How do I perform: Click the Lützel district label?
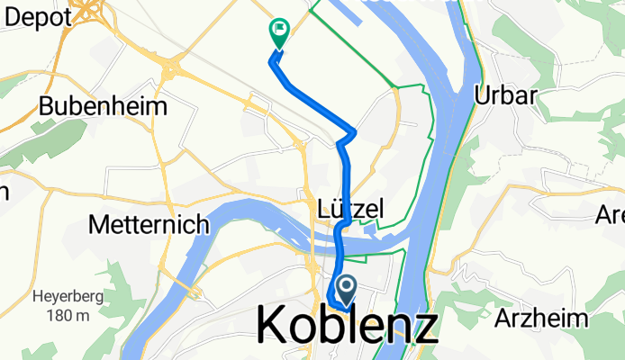(351, 209)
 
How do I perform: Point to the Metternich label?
(149, 225)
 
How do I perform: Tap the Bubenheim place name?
(103, 106)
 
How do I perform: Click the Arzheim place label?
(541, 318)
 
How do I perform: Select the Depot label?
(37, 17)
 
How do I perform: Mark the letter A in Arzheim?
(502, 318)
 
